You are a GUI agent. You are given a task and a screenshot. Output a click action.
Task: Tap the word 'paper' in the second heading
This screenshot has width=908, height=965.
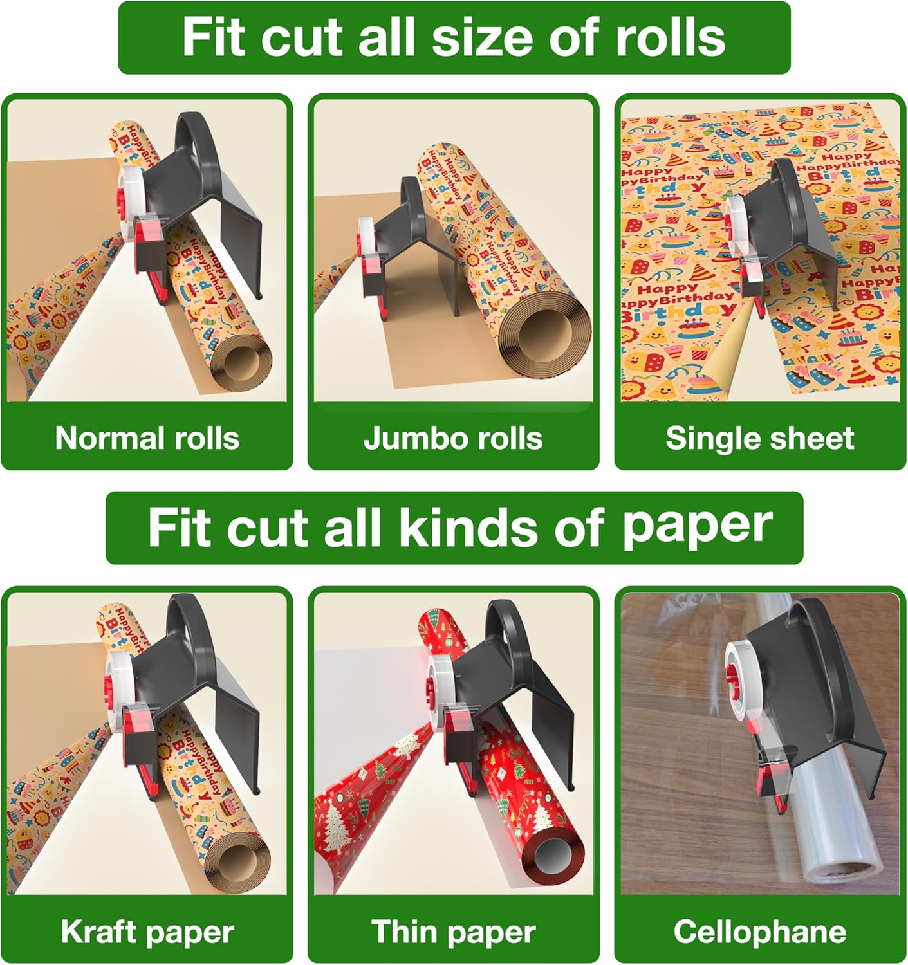pos(697,528)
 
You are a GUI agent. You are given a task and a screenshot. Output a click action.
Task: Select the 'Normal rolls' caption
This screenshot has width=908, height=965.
pos(147,438)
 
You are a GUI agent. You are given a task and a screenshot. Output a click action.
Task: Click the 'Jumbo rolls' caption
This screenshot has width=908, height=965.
pos(453,438)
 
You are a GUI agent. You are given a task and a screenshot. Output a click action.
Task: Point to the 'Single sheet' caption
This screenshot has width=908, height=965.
pos(759,438)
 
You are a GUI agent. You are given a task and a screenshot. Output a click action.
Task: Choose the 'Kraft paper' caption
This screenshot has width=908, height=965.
pos(147,932)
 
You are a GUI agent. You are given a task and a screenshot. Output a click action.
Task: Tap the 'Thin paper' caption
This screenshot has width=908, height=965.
pos(453,932)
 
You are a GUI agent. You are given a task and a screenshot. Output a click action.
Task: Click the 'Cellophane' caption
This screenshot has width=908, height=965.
pos(759,932)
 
